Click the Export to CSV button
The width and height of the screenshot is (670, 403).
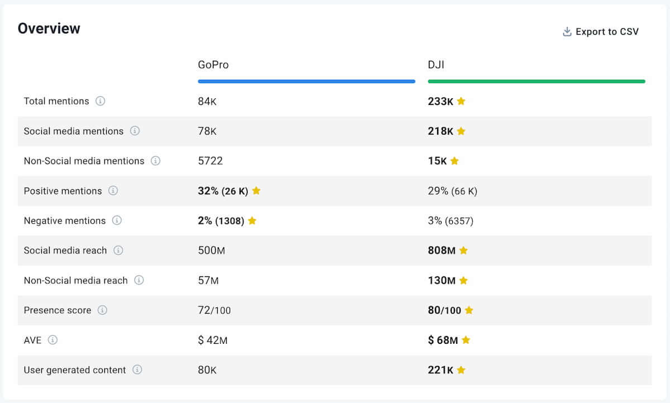click(x=601, y=32)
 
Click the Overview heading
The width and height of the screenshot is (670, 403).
click(x=49, y=28)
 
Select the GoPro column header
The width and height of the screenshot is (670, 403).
click(x=213, y=65)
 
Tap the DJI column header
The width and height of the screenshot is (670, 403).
click(x=436, y=65)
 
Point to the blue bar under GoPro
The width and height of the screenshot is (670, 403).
click(x=307, y=81)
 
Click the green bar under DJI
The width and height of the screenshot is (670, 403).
click(x=536, y=81)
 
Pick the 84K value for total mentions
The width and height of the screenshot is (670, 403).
click(x=207, y=101)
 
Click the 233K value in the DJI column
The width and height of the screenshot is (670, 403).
click(x=441, y=101)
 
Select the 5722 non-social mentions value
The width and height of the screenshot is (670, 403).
click(x=210, y=161)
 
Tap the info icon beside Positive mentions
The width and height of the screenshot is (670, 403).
click(x=113, y=190)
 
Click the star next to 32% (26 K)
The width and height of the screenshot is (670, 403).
click(x=256, y=190)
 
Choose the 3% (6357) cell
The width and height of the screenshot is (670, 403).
click(x=451, y=220)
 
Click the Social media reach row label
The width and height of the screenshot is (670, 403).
click(x=65, y=250)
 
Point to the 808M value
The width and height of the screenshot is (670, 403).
click(x=442, y=250)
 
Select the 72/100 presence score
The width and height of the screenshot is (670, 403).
click(x=214, y=310)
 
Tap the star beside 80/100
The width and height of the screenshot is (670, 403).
click(x=469, y=310)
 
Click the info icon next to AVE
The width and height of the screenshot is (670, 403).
click(x=52, y=339)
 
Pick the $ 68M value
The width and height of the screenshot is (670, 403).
click(x=443, y=340)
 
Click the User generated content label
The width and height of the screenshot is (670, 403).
click(x=75, y=370)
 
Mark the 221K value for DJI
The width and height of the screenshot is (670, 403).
click(x=441, y=370)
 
